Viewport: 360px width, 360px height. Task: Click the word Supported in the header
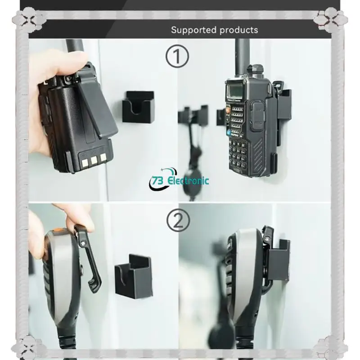(193, 30)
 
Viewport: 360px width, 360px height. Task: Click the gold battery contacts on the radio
(92, 158)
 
